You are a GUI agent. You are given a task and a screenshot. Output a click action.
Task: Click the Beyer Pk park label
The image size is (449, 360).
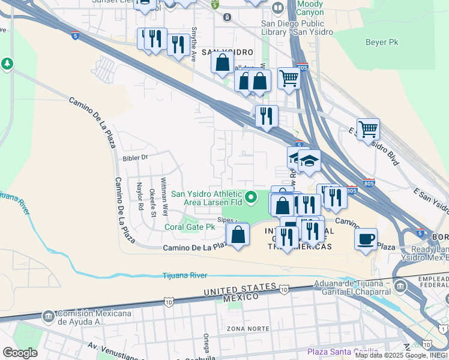[x=381, y=42]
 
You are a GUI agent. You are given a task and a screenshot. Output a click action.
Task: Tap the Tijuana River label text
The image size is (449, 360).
[x=185, y=275]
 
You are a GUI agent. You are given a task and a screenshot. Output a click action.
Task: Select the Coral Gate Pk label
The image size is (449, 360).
[x=190, y=227]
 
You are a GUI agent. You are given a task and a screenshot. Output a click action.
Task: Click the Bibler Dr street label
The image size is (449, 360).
[x=135, y=158]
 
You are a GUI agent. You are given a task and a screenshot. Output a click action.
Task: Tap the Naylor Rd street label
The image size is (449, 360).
[x=140, y=196]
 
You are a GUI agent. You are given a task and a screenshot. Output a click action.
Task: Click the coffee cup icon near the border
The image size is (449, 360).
[x=366, y=239]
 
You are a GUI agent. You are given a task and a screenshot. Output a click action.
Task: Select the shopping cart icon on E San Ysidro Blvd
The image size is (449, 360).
[x=368, y=128]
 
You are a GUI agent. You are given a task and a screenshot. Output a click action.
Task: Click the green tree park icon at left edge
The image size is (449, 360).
[x=7, y=64]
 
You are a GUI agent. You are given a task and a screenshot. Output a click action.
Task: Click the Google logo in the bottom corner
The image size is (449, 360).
[x=20, y=353]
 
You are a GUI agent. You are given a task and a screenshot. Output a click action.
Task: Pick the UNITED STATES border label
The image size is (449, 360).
[x=234, y=291]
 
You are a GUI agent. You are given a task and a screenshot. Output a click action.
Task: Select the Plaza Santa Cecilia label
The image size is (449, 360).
[x=342, y=352]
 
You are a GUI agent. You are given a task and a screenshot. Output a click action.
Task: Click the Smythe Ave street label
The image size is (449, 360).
[x=193, y=44]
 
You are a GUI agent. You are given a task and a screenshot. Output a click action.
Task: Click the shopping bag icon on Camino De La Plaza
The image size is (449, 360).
[x=238, y=234]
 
